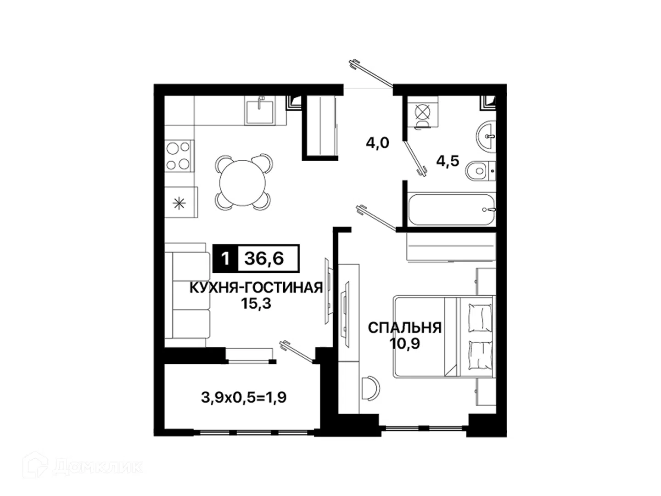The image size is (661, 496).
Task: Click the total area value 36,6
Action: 264,259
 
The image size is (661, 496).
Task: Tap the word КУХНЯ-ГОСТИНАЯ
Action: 256,288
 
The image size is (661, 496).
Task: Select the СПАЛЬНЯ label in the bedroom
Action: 404,327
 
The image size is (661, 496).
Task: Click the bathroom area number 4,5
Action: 448,161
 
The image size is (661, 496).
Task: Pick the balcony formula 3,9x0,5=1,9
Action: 244,398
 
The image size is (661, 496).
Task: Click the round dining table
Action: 242,183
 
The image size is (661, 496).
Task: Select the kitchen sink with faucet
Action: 260,110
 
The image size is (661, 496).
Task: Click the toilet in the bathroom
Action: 480,171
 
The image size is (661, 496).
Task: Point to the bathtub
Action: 451,210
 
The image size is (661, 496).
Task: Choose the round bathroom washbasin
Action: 486,137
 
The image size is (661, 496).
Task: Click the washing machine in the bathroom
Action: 423,113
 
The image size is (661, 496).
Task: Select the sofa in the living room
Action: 187,295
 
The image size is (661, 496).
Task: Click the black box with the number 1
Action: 225,259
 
